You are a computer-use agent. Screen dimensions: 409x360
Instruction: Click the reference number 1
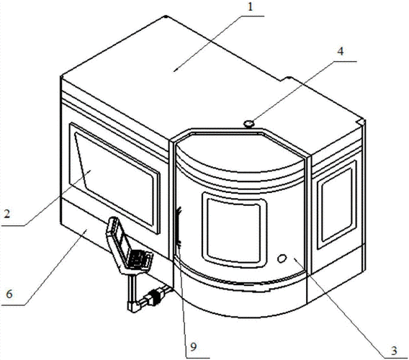(x=250, y=7)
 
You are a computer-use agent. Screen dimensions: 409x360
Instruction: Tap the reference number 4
(x=340, y=51)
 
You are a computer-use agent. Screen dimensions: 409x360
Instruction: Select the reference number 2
(x=7, y=214)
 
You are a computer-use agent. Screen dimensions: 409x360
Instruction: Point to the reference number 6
(x=9, y=294)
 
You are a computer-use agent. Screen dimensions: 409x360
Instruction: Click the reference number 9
(x=193, y=347)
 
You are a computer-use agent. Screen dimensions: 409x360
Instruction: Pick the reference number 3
(x=394, y=351)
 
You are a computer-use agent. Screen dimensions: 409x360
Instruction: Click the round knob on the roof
(x=249, y=123)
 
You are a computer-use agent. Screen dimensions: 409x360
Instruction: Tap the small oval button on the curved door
(x=282, y=258)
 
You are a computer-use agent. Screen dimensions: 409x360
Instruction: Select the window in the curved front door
(x=234, y=230)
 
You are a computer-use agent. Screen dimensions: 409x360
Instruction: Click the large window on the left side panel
(x=114, y=178)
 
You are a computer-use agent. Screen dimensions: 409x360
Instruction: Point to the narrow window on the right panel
(x=337, y=204)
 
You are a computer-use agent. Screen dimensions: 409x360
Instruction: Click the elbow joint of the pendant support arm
(x=132, y=306)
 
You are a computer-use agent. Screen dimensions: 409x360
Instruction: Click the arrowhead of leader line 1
(x=175, y=70)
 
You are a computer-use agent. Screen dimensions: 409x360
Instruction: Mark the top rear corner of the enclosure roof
(x=166, y=17)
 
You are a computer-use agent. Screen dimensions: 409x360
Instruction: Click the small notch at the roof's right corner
(x=361, y=122)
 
